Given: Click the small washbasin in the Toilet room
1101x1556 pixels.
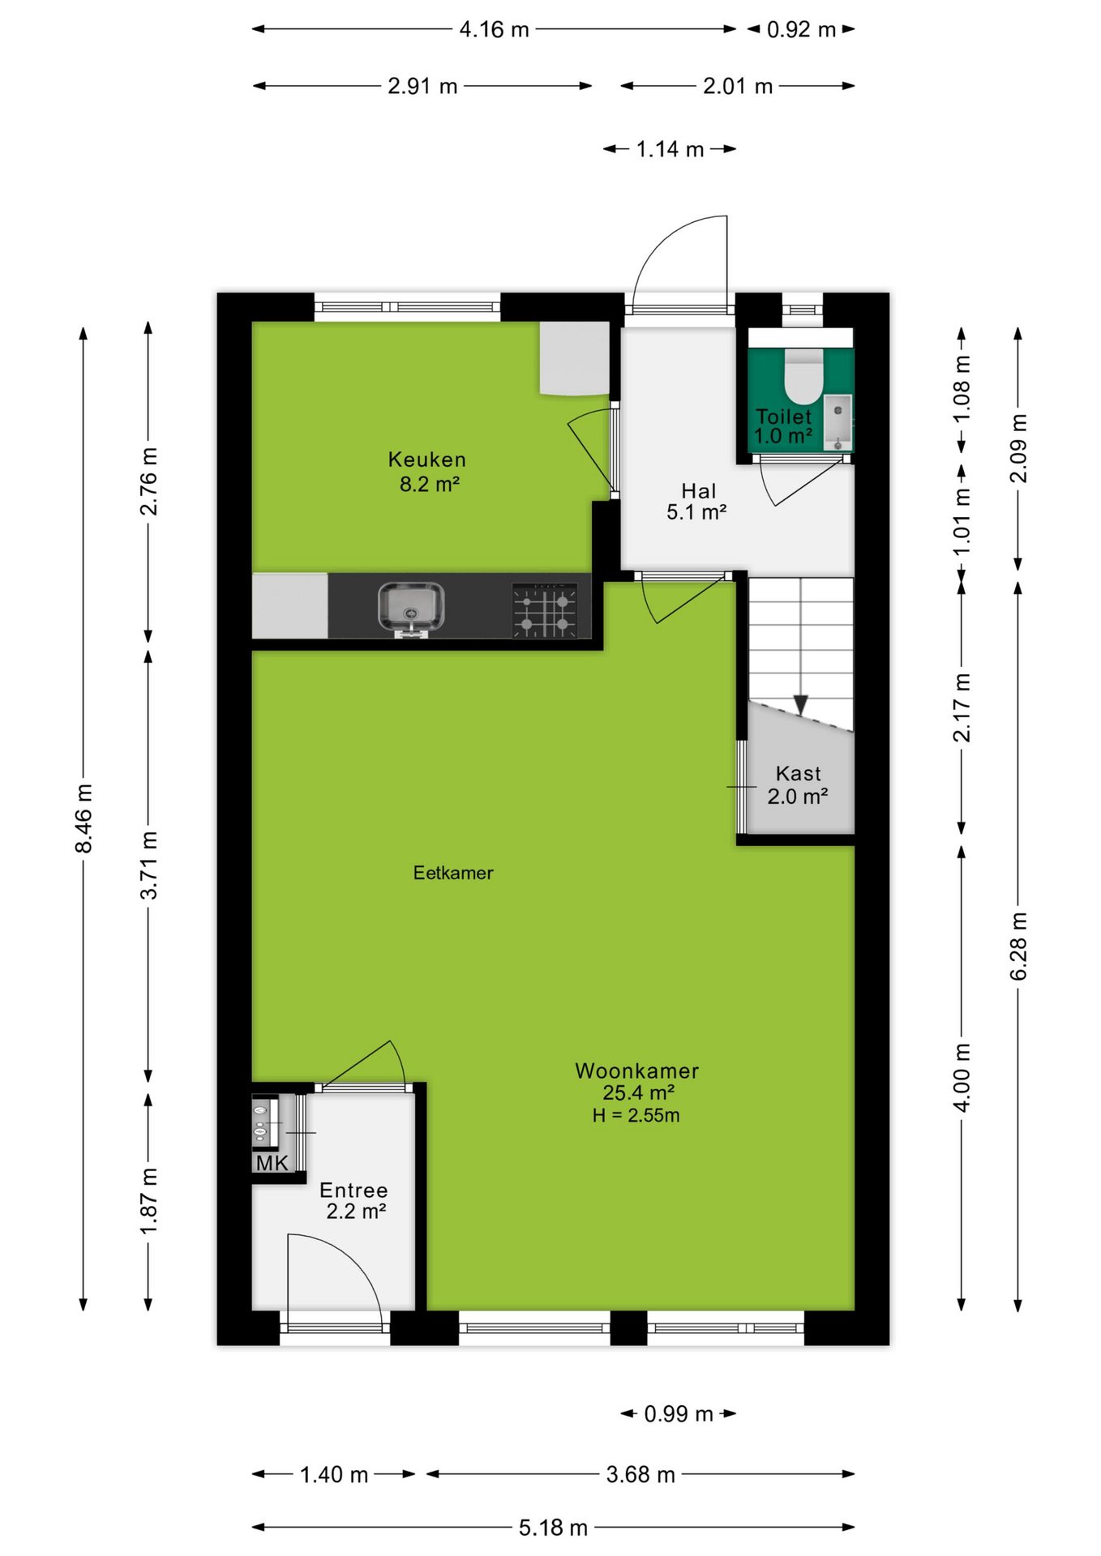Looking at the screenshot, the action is coord(838,422).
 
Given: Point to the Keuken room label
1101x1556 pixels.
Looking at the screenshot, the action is coord(427,460).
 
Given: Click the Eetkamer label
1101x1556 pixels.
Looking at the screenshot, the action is coord(453,873).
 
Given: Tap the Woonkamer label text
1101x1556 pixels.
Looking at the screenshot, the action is coord(637,1071).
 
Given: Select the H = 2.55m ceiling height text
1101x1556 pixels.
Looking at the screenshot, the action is coord(636,1115).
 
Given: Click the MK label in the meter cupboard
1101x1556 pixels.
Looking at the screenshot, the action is coord(272,1163).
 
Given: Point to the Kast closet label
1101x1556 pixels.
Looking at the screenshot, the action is coord(799,774).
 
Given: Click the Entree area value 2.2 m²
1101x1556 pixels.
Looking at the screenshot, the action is coord(356,1212).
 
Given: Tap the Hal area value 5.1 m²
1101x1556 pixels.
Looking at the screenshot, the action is coord(696,512).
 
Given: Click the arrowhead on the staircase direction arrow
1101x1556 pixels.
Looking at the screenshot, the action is coord(801,705).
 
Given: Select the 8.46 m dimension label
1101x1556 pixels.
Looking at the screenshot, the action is coord(84,818).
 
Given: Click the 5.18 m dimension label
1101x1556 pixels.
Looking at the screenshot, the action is coord(553,1528).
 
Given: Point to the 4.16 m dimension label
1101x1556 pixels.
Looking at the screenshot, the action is coord(494,30).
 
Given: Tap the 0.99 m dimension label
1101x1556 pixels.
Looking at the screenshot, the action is coord(679,1414).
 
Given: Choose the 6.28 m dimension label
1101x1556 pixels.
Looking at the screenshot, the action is coord(1018,946).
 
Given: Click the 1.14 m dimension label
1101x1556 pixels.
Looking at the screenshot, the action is coord(670,149).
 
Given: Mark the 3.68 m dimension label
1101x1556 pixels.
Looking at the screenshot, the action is coord(640,1474).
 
